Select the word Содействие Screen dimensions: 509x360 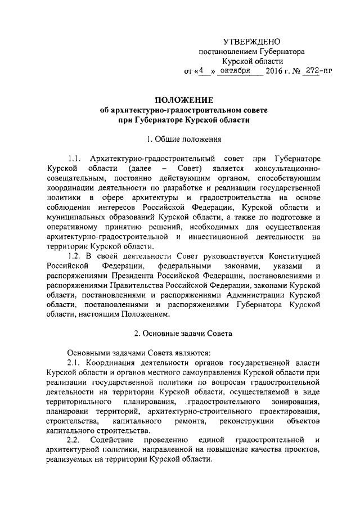click(x=116, y=439)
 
